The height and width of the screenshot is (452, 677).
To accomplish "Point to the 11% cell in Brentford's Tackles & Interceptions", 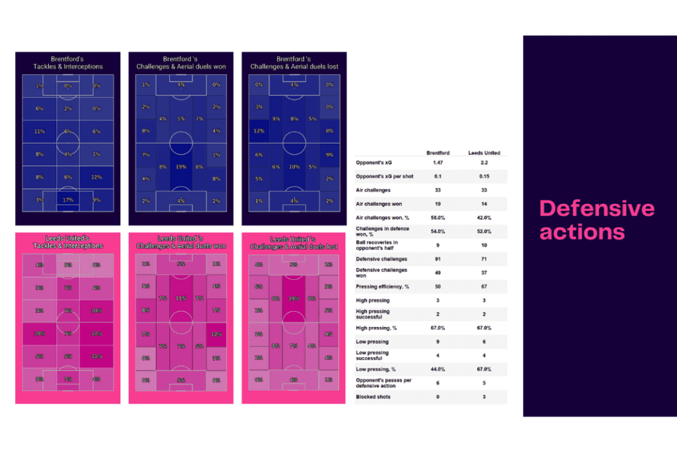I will (x=40, y=131).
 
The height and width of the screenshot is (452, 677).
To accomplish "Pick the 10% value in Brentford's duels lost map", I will (x=295, y=167).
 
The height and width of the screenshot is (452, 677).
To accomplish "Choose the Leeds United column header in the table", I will (x=483, y=153).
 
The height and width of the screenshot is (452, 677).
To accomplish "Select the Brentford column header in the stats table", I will (x=438, y=153).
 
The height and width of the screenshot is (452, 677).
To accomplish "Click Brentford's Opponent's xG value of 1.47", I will (x=438, y=162).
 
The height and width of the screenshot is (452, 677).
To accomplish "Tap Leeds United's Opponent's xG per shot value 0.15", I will (x=483, y=176).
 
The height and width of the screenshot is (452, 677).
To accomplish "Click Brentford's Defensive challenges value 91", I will (x=438, y=259).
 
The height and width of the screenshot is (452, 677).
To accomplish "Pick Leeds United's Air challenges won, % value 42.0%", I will (x=483, y=218).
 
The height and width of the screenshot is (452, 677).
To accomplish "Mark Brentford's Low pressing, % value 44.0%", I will (x=438, y=369).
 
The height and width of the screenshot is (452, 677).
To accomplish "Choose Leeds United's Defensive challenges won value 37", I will (x=483, y=273).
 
